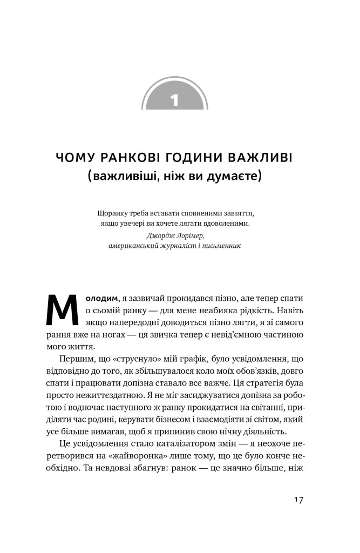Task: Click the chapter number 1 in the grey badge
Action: click(174, 100)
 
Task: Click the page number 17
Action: click(298, 500)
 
